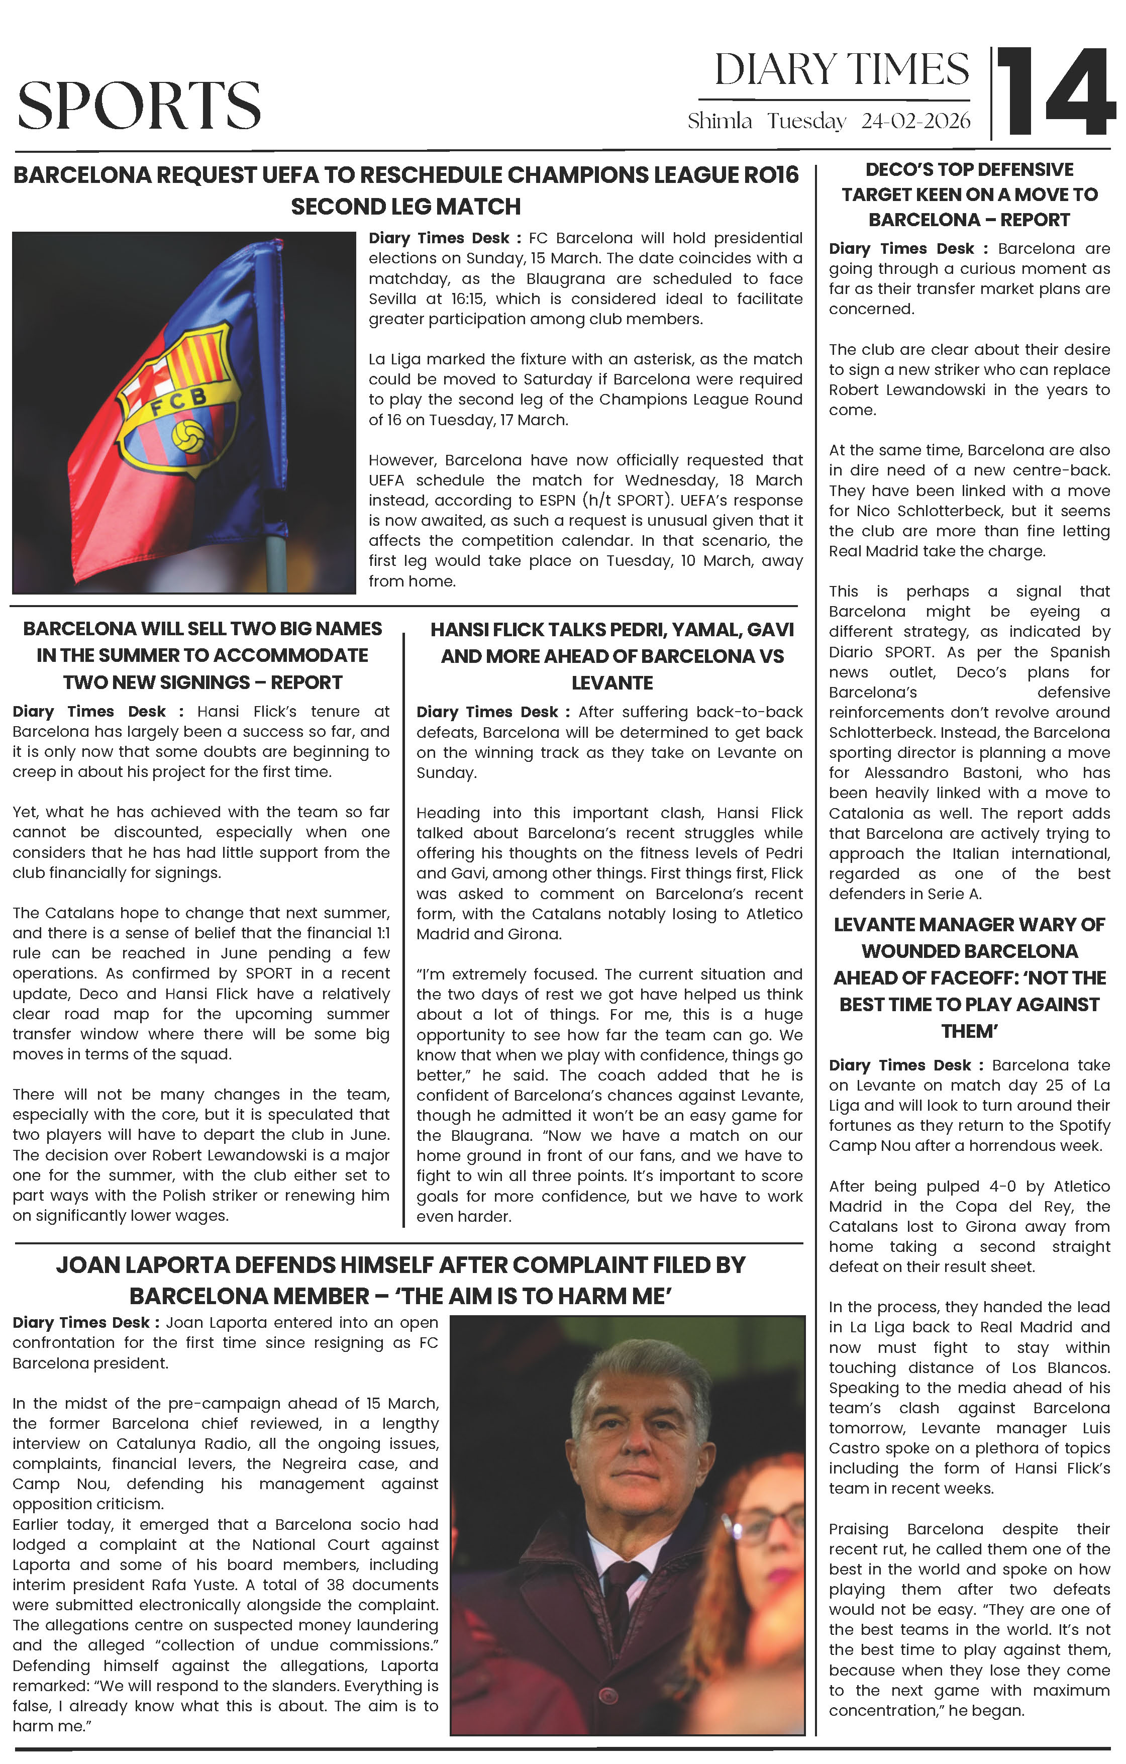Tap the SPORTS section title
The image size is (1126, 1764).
(x=139, y=106)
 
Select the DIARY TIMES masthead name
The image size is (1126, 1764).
(x=842, y=70)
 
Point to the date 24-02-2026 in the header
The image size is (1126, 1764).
(x=916, y=121)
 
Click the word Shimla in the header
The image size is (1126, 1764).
(x=720, y=121)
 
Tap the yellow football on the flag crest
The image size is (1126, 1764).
(x=188, y=435)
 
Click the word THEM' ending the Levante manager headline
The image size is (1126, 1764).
(x=969, y=1031)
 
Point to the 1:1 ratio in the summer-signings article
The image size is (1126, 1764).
(x=383, y=933)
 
